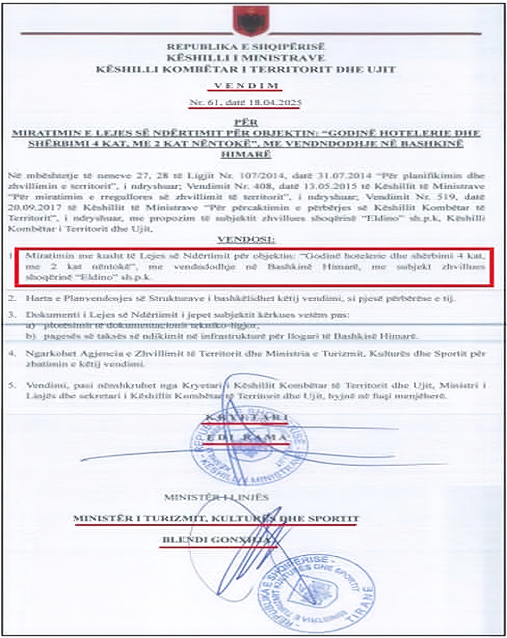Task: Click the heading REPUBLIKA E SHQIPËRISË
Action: [x=246, y=46]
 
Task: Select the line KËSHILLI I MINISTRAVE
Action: [x=246, y=58]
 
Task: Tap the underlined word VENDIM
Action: [x=246, y=86]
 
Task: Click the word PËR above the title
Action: [x=246, y=122]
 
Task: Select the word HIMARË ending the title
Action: [x=246, y=154]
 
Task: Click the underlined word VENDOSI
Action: [x=246, y=239]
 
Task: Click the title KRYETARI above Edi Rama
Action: [x=246, y=417]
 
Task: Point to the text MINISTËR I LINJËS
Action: [x=216, y=497]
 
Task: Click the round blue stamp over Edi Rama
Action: [x=249, y=450]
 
